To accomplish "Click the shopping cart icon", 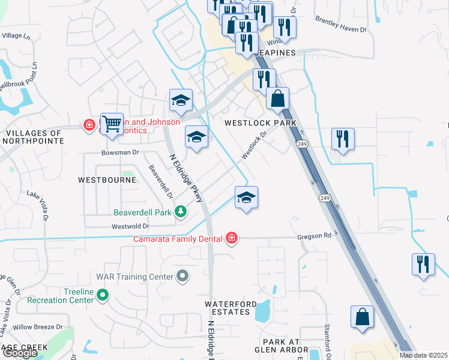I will coord(112,124).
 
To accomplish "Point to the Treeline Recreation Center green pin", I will coord(103,295).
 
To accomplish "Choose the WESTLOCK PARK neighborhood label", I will coord(261,123).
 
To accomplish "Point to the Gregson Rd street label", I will coord(314,236).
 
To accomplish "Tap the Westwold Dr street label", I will coord(130,226).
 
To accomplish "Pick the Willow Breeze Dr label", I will coord(38,327).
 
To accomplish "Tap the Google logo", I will coord(19,353).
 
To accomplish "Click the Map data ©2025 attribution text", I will coord(423,355).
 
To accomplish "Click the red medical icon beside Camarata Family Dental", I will coord(231,239).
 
